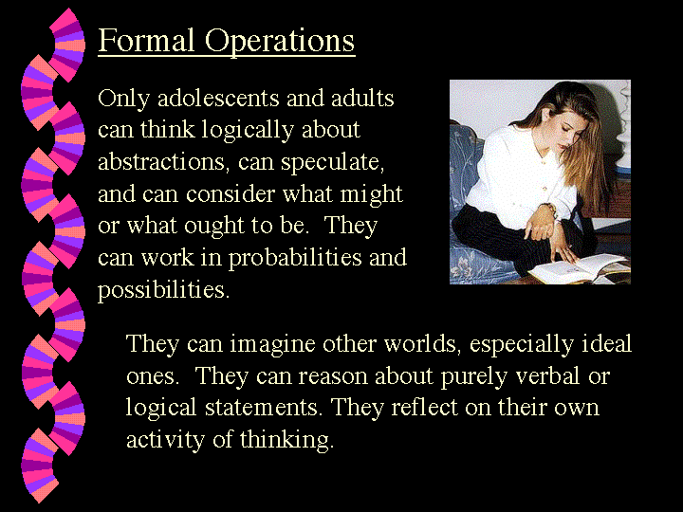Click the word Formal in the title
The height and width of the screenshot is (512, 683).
click(x=146, y=40)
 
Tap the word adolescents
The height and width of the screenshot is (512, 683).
click(x=218, y=98)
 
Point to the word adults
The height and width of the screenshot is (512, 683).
click(x=362, y=98)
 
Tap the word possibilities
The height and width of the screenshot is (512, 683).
click(x=163, y=290)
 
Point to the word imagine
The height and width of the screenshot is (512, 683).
click(x=272, y=345)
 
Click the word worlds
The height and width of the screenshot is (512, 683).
click(x=421, y=344)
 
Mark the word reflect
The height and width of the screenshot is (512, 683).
click(x=424, y=408)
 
